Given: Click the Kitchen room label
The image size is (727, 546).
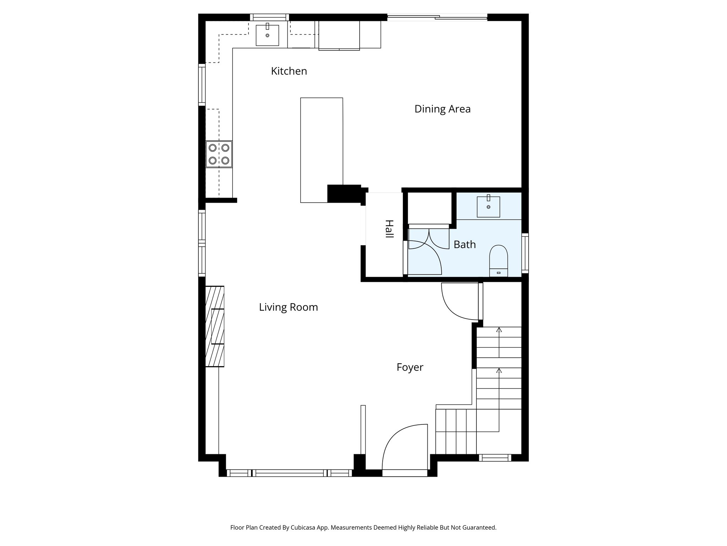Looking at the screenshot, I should coord(289,71).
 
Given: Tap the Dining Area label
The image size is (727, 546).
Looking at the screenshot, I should coord(442,109).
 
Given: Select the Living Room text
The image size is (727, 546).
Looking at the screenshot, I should coord(288,307).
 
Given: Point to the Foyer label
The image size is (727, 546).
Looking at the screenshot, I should coord(410,367).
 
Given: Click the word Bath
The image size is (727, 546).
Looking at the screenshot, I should coord(464,245).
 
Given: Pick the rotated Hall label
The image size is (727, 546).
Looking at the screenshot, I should coord(389,229).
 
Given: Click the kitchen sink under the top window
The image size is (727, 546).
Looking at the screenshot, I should coord(267,35).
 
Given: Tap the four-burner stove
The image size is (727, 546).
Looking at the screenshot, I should coord(219,154).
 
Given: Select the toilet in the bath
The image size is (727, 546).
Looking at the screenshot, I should coord(498,260).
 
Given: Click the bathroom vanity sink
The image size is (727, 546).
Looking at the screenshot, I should coord(488,207).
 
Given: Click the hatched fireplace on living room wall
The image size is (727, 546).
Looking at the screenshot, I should coord(215,326).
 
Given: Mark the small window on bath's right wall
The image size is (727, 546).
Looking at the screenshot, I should coord(525,253).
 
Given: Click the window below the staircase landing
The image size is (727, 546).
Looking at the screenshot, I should coord(495,458).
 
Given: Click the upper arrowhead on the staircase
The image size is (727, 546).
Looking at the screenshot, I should coord(499,330).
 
